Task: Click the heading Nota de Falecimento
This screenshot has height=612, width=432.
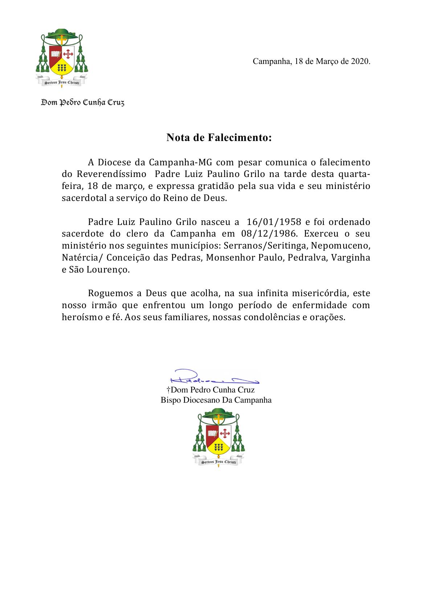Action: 219,138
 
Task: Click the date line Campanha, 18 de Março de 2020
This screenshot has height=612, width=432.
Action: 311,61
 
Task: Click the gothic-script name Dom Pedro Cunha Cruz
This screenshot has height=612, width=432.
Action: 83,103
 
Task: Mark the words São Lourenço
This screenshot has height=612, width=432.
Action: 99,270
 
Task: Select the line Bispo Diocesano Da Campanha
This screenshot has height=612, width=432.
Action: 216,400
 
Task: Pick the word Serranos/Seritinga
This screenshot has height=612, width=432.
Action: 265,246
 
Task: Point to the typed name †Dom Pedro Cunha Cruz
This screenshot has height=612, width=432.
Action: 211,390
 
